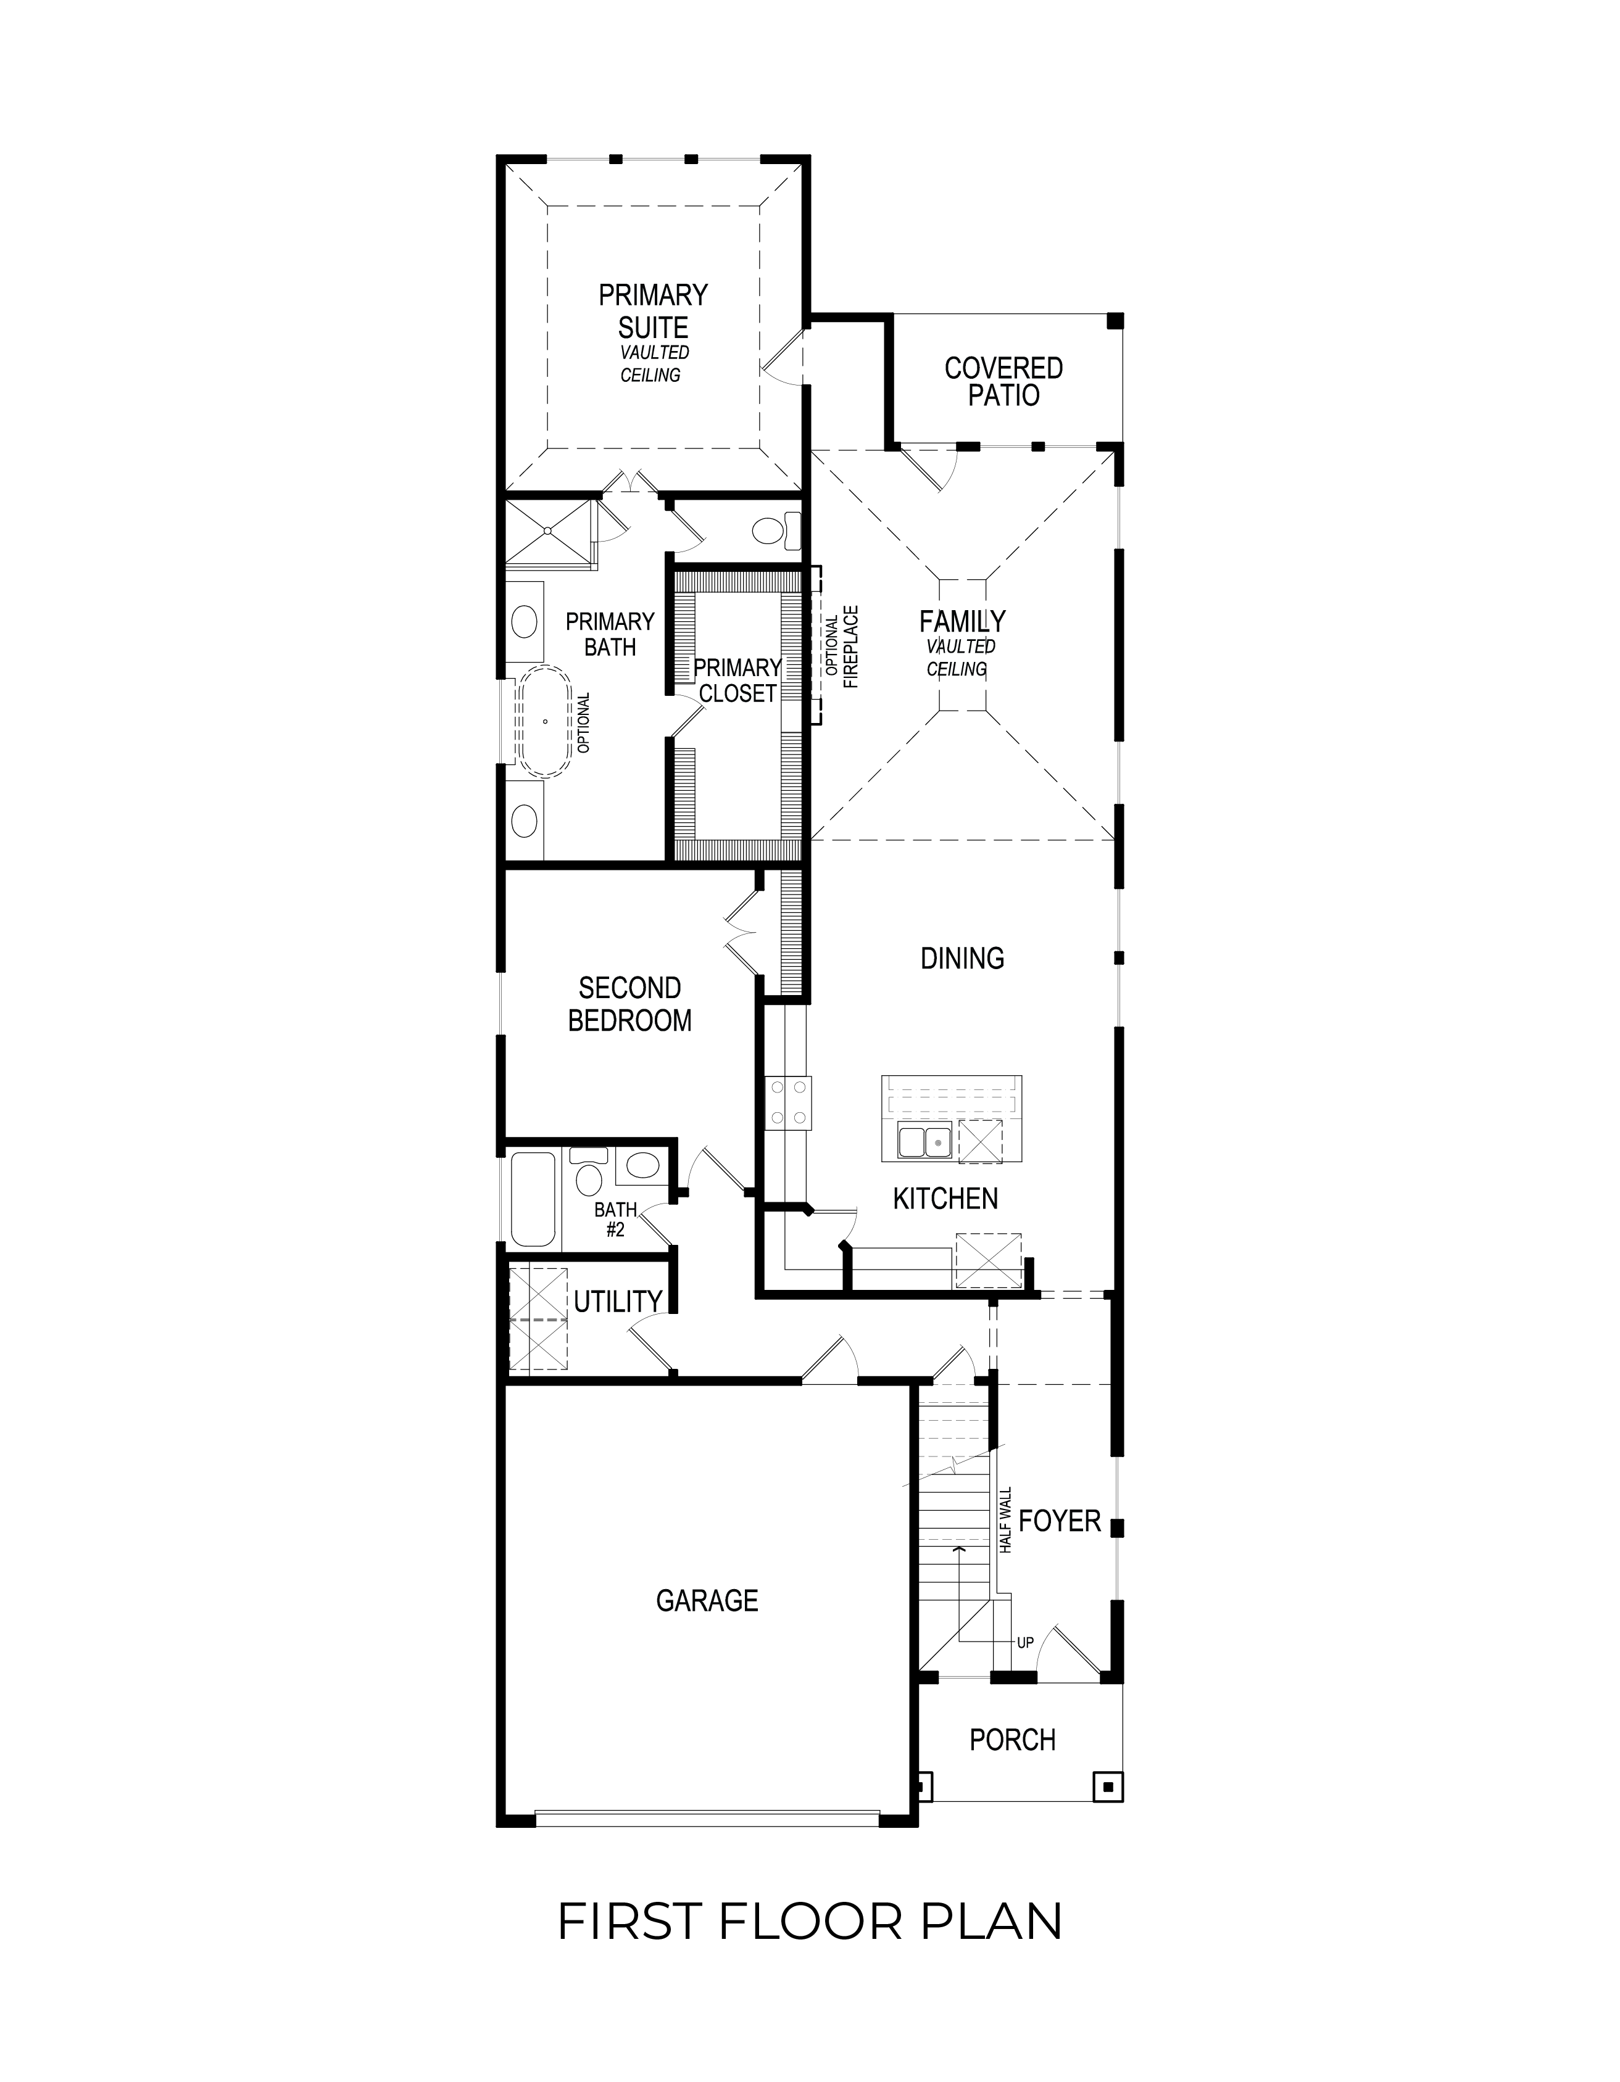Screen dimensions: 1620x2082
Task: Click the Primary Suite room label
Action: coord(653,311)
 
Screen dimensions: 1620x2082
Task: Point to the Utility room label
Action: coord(617,1301)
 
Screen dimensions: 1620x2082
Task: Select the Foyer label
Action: coord(1060,1521)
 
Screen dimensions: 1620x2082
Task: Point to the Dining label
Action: coord(962,958)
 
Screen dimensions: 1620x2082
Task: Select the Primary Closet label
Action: coord(737,680)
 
